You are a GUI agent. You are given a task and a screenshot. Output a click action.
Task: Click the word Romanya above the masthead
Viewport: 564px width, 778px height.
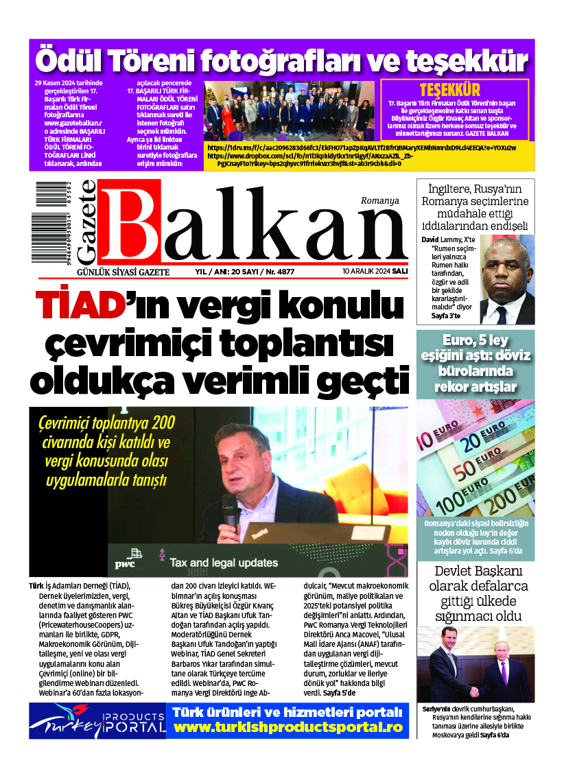(x=379, y=200)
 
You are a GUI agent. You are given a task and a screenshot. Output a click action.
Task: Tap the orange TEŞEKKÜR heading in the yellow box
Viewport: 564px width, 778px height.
(x=449, y=90)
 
